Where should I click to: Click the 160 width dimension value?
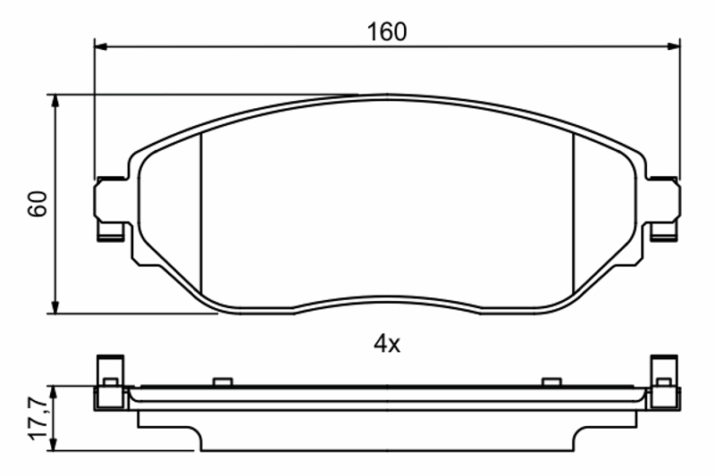(x=387, y=32)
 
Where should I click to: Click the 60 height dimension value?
(x=38, y=204)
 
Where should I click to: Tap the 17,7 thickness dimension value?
(x=38, y=418)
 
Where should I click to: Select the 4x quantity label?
(x=387, y=345)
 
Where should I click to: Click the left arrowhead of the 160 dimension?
(x=100, y=46)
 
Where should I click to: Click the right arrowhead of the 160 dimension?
(x=674, y=46)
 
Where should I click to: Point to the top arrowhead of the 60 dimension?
(x=55, y=101)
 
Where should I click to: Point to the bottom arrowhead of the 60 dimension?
(x=55, y=307)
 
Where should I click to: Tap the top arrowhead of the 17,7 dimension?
(x=55, y=393)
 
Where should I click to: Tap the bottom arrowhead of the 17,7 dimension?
(x=55, y=445)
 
